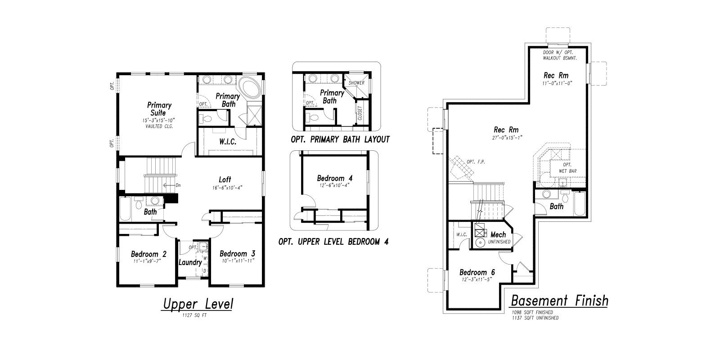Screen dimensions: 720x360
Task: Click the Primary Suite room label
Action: click(159, 109)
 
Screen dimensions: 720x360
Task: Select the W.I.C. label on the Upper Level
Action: click(228, 141)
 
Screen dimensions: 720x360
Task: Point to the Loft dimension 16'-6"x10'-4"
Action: click(227, 188)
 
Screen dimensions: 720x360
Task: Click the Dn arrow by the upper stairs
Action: click(168, 185)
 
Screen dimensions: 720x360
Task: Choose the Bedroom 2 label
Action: click(148, 254)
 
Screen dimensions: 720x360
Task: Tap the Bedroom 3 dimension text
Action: click(238, 261)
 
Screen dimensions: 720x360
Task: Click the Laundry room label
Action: click(190, 262)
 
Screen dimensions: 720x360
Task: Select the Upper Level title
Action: click(198, 304)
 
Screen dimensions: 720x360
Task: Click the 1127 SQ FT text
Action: click(194, 315)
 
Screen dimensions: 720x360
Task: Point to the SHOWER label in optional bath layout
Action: click(356, 83)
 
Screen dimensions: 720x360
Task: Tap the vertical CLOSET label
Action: click(360, 113)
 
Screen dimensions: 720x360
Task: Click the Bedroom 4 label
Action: click(335, 178)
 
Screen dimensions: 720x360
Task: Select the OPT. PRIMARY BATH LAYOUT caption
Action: click(340, 139)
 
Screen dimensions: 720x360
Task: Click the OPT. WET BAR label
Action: click(567, 168)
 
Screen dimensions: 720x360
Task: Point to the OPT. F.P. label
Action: click(476, 162)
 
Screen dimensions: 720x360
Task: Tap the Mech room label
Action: click(498, 234)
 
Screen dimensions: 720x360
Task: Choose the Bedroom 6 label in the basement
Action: click(477, 272)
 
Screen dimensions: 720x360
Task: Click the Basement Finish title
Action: click(559, 301)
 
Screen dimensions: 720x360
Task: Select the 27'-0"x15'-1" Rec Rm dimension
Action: click(507, 138)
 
